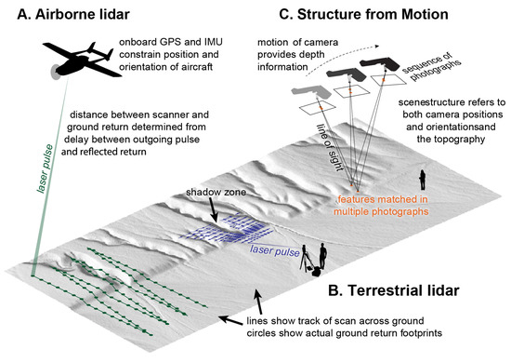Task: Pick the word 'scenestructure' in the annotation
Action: pos(415,105)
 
